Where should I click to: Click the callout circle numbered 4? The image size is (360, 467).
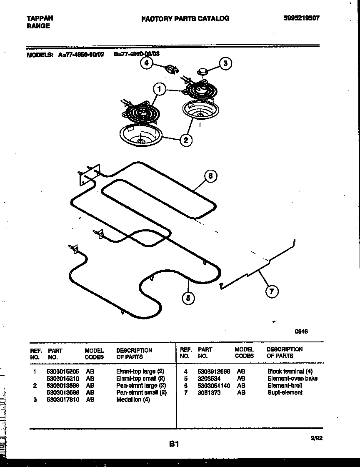(x=146, y=63)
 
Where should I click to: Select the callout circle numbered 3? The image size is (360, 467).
(x=225, y=63)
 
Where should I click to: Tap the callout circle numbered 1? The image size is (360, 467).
(x=159, y=88)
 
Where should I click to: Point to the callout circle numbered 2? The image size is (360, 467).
(x=186, y=140)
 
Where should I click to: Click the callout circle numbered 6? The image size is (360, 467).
(x=210, y=176)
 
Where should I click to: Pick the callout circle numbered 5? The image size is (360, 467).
(x=188, y=298)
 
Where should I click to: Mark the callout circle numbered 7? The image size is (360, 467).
(x=272, y=291)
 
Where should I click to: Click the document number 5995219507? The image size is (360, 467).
(x=301, y=18)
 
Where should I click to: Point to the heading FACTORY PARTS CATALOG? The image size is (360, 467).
(x=185, y=18)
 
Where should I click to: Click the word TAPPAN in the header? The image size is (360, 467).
(x=40, y=18)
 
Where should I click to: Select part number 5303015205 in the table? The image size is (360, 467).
(x=63, y=371)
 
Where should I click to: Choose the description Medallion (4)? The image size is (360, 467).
(x=133, y=399)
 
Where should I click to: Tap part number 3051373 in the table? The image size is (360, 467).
(x=209, y=392)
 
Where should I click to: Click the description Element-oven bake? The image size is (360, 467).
(x=292, y=378)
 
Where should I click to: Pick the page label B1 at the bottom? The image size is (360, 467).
(x=174, y=444)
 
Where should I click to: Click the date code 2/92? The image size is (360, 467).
(x=316, y=437)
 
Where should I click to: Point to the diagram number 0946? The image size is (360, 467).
(x=301, y=331)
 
